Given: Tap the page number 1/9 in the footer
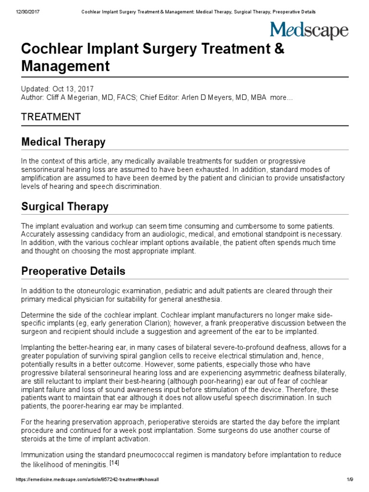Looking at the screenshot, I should point(349,480).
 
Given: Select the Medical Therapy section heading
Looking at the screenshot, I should point(63,142).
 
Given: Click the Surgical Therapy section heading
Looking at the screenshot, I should point(65,207).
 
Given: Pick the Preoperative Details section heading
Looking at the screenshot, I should point(73,271).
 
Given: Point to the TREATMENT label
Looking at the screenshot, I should point(50,117).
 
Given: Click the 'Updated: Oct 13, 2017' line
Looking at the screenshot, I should point(57,89).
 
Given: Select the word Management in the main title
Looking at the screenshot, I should point(65,66).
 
